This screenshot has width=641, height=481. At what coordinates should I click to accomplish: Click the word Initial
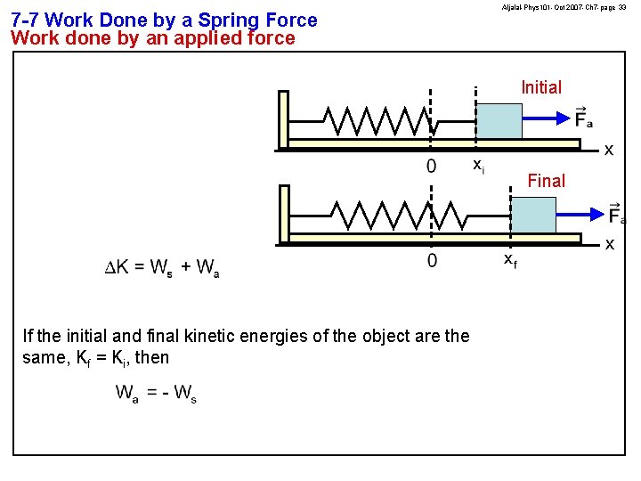(x=540, y=87)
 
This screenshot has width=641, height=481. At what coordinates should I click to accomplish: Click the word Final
(x=546, y=181)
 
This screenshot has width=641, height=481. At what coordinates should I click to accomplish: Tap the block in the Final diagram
(x=532, y=215)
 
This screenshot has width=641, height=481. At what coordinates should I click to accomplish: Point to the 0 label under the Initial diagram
(x=432, y=166)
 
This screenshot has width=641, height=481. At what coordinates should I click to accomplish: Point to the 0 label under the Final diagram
(x=432, y=260)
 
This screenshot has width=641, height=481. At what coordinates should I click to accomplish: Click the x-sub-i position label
(x=478, y=165)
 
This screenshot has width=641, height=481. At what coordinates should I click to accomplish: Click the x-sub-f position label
(x=509, y=259)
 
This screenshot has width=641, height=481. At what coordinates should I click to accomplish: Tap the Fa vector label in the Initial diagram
(x=583, y=118)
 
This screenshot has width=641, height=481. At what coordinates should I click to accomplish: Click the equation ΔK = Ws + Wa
(x=163, y=267)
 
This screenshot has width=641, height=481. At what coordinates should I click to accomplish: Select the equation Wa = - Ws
(x=156, y=393)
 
